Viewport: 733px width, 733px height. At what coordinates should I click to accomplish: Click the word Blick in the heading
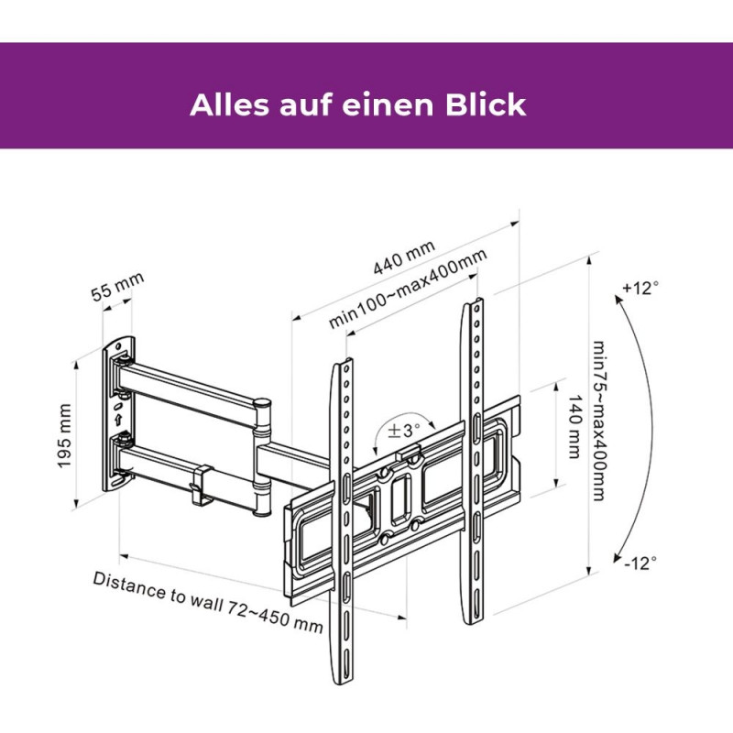pyautogui.click(x=486, y=104)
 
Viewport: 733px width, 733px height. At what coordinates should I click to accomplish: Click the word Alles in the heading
pyautogui.click(x=230, y=104)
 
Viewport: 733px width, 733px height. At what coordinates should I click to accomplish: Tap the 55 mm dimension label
pyautogui.click(x=117, y=287)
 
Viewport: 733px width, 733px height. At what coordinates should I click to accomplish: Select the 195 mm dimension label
pyautogui.click(x=64, y=436)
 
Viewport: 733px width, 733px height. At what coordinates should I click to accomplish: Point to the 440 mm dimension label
pyautogui.click(x=404, y=257)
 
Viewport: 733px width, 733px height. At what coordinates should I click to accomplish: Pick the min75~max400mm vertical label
pyautogui.click(x=599, y=421)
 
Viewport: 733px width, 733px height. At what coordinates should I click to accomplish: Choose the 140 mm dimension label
pyautogui.click(x=574, y=427)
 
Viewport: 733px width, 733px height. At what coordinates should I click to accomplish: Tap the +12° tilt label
pyautogui.click(x=640, y=288)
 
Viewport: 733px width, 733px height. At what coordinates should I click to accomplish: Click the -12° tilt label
pyautogui.click(x=640, y=563)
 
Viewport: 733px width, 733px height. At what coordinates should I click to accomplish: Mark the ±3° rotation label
pyautogui.click(x=404, y=430)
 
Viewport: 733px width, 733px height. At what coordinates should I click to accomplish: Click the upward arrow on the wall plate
pyautogui.click(x=118, y=419)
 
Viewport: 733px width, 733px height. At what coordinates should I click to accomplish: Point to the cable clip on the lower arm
pyautogui.click(x=202, y=486)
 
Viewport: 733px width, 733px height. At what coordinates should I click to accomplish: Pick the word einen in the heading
pyautogui.click(x=388, y=105)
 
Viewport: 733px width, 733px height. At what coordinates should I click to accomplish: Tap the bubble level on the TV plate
pyautogui.click(x=409, y=452)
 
